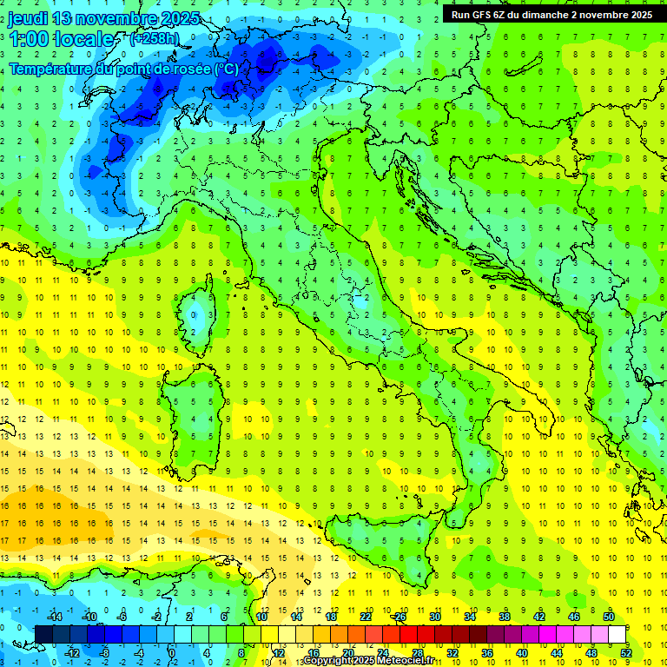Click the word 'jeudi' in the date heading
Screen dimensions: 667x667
tap(29, 18)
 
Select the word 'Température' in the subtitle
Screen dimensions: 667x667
tap(51, 69)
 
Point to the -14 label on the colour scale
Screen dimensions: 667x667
tap(54, 617)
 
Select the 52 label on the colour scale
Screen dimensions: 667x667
tap(626, 653)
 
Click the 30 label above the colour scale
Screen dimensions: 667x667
tap(435, 617)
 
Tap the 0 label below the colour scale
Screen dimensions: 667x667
tap(172, 653)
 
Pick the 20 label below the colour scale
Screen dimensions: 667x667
tap(347, 653)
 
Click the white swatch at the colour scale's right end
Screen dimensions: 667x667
tap(617, 634)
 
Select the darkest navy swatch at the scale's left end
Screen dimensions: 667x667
tap(43, 634)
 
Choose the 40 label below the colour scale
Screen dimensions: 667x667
tap(522, 653)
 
